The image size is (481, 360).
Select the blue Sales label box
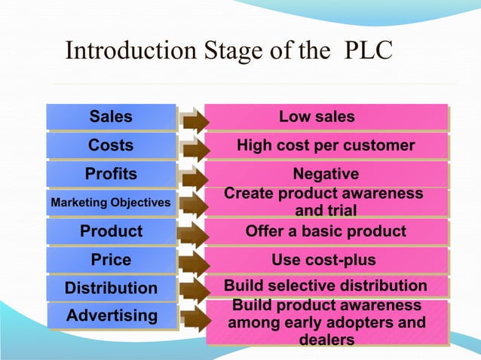pos(111,117)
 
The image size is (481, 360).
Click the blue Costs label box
pos(111,145)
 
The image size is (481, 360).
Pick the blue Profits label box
pos(111,174)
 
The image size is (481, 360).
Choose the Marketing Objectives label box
pos(111,203)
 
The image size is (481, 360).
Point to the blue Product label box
pos(111,231)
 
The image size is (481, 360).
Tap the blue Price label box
pos(111,260)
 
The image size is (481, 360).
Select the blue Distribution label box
pos(111,288)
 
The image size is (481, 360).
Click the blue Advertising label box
pos(111,316)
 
